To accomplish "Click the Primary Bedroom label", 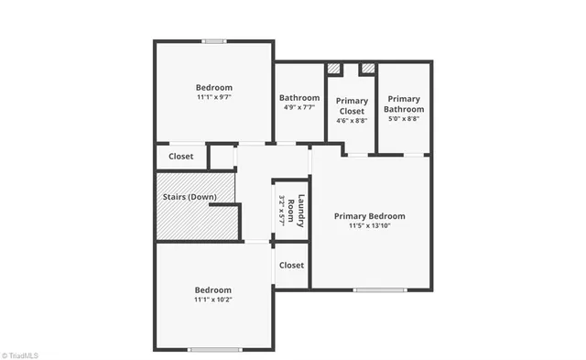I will pos(369,216).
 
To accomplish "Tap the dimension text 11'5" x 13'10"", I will pos(369,226).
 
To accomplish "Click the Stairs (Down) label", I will pos(190,197).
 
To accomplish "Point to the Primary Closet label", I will pos(352,104).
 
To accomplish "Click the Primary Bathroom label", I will pos(403,104).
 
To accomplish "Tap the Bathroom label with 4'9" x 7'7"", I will pos(299,98).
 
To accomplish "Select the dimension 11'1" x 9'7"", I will pos(213,97).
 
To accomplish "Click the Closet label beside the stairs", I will pos(180,157).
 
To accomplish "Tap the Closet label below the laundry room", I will pos(291,266).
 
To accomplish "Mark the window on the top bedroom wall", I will pos(214,40).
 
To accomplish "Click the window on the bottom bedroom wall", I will pos(214,349).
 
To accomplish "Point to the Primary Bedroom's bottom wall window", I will pos(379,290).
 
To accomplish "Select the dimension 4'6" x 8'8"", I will pos(352,120).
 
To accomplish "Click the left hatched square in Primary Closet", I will pos(333,68).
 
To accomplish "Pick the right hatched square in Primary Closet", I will pos(367,68).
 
